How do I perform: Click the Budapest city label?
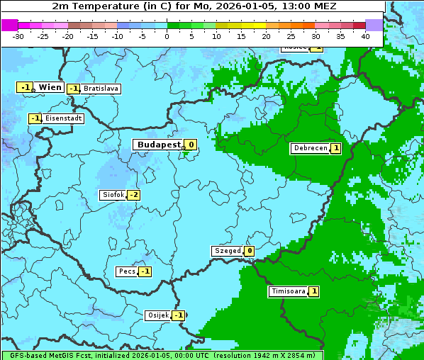click(159, 145)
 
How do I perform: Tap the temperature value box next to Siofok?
click(133, 195)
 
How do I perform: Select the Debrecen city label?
click(310, 149)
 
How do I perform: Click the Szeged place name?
click(228, 251)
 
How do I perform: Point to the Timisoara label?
click(288, 291)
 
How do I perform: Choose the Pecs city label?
click(127, 271)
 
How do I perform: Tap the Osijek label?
click(157, 315)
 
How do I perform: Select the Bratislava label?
click(101, 89)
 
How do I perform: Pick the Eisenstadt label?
click(63, 118)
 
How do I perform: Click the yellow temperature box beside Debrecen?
click(335, 149)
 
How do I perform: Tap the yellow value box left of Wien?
click(25, 87)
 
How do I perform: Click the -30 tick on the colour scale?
click(18, 36)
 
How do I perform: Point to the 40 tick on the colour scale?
click(365, 36)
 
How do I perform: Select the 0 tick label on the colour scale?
click(167, 36)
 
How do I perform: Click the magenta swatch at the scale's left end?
click(10, 25)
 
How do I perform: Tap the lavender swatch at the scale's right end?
click(374, 25)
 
